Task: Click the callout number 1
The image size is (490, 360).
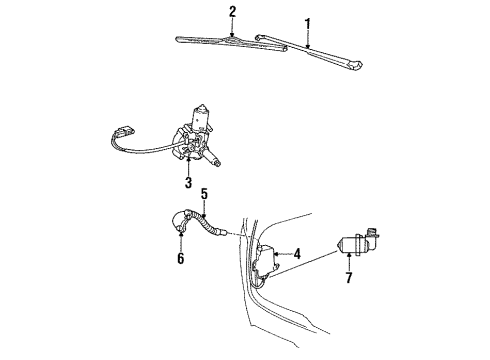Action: [308, 23]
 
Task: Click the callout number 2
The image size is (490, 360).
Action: [233, 12]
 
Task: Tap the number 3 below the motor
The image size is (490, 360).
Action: [188, 183]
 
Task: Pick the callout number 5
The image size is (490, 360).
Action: [203, 195]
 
